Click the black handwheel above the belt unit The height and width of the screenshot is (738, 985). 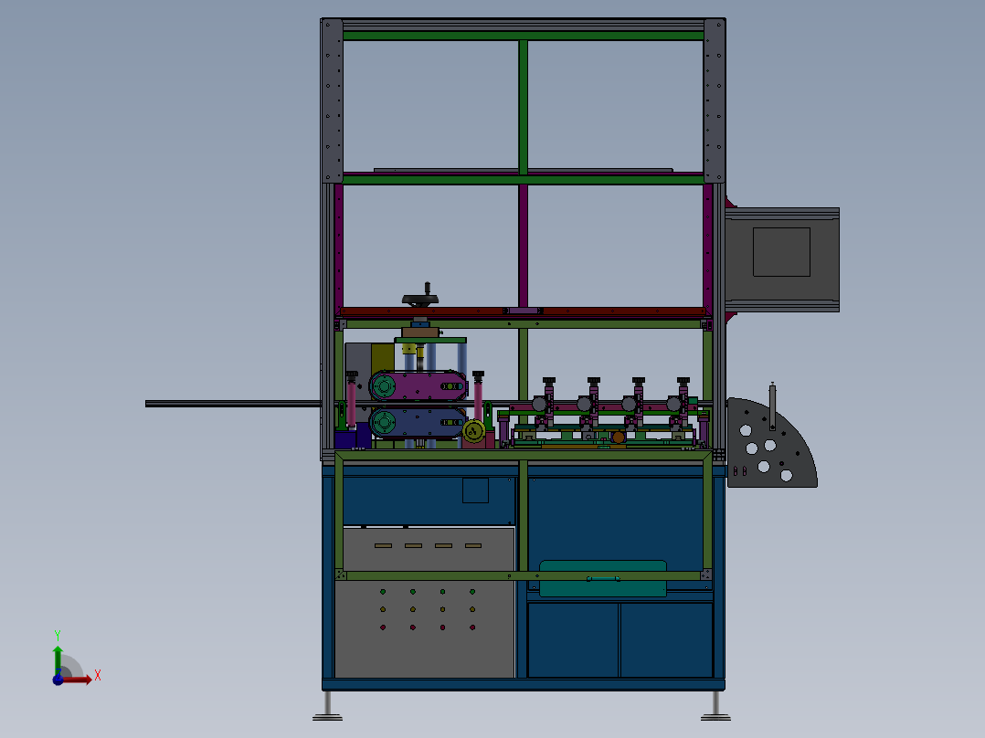tap(420, 300)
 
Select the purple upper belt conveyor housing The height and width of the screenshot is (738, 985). tap(418, 385)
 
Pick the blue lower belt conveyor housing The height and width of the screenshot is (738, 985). tap(418, 423)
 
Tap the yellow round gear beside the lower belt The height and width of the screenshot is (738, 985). tap(473, 431)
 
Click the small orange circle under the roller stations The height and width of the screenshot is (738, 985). tap(619, 438)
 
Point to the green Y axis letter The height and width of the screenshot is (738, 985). tap(58, 636)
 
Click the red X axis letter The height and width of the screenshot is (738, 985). tap(98, 676)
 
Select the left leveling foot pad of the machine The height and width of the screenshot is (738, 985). tap(327, 717)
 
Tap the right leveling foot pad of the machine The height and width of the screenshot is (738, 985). tap(715, 717)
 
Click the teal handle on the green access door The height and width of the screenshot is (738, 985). tap(603, 578)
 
